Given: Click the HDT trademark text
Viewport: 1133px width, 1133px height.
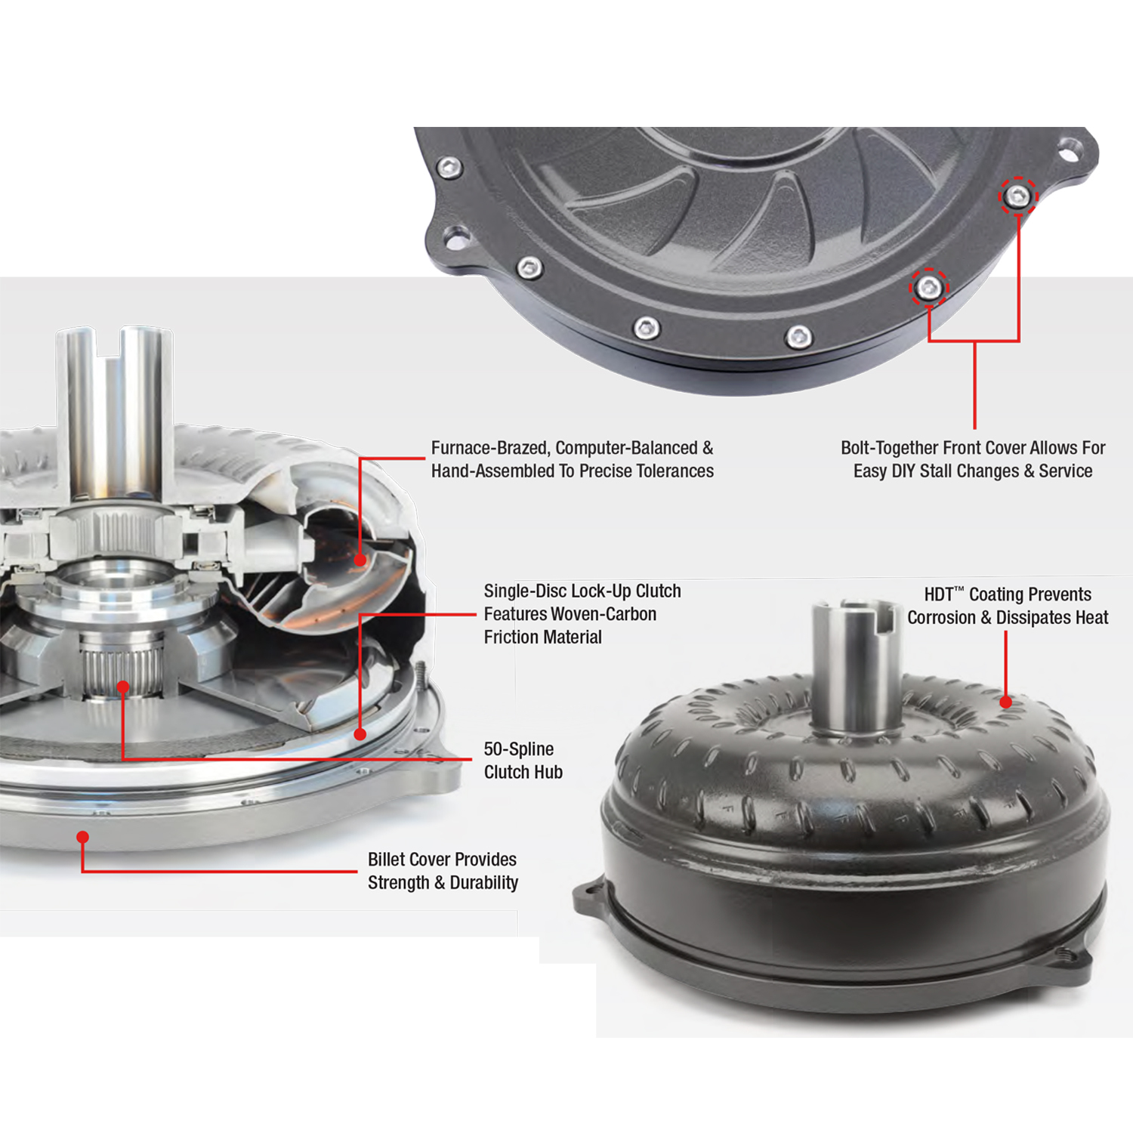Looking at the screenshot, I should pos(943,594).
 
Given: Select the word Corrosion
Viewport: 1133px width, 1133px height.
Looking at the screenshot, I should pos(940,618).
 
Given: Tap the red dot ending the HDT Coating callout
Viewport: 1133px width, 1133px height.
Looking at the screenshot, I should pos(1006,702).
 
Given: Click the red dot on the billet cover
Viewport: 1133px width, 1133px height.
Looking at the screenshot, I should pos(83,837).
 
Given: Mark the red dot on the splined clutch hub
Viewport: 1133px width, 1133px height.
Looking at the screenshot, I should pos(122,687).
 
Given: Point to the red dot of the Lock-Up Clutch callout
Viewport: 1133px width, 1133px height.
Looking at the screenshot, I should pos(360,733).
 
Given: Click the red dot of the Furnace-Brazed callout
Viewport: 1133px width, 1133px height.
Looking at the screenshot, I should pos(360,560).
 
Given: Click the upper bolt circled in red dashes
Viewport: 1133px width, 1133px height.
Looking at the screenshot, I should pos(1018,197).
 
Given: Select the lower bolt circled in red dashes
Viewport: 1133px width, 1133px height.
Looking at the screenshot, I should pos(928,288).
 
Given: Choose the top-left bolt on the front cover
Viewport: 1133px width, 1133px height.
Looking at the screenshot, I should pos(450,167).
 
